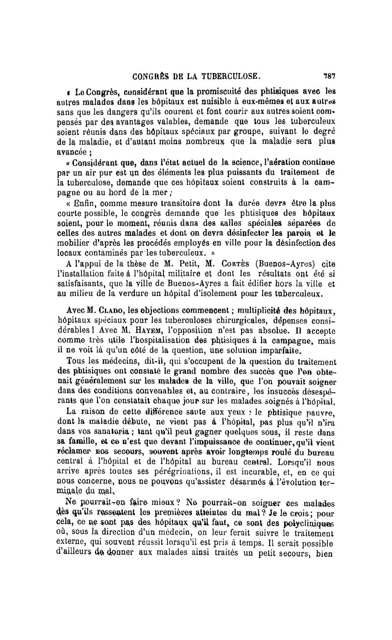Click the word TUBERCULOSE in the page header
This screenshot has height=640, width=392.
(228, 77)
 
